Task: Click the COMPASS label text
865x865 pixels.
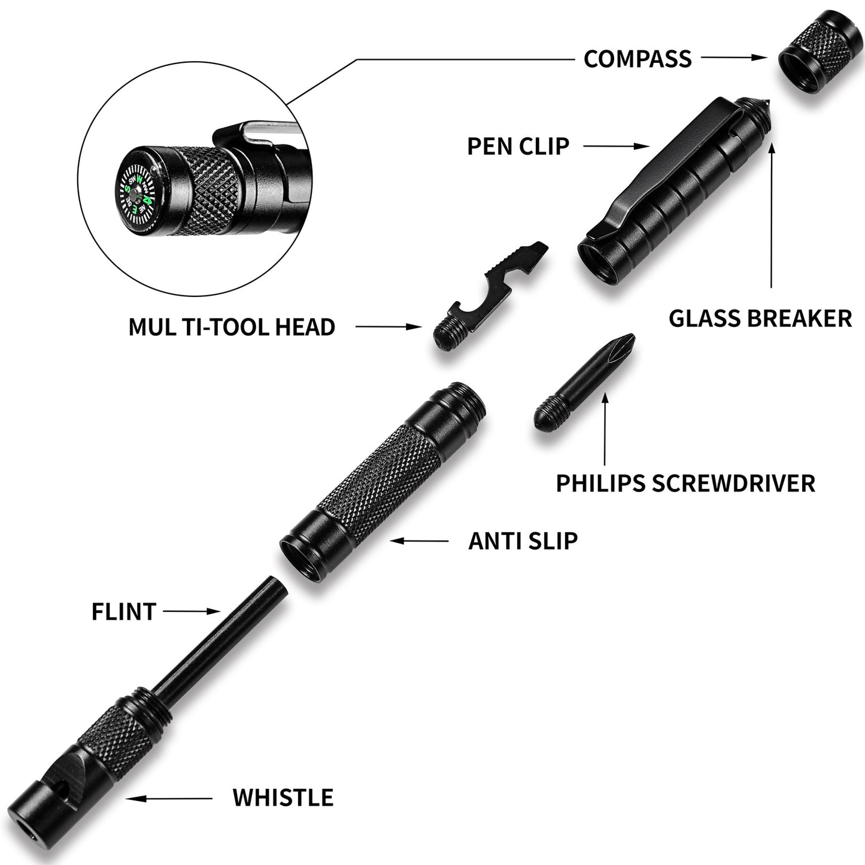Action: pos(638,59)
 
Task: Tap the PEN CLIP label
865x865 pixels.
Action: pos(518,145)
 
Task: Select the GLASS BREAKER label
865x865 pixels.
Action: pos(760,318)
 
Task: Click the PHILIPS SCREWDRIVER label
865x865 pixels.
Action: pos(685,483)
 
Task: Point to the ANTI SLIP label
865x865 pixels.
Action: pos(523,541)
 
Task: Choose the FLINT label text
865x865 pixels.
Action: pos(123,612)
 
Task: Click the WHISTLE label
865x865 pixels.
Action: pos(283,798)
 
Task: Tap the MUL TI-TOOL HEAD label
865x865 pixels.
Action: pos(232,327)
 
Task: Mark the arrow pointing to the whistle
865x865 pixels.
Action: pos(169,798)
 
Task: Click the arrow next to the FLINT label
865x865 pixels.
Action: pos(192,611)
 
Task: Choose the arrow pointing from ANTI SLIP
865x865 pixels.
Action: pos(420,541)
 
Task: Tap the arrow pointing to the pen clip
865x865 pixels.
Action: pos(617,145)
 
